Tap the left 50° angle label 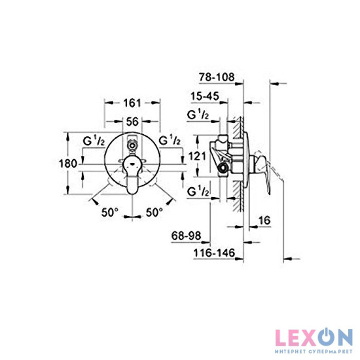(x=109, y=212)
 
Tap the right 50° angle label (x=154, y=212)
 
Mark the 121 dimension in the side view (x=198, y=156)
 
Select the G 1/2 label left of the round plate (x=92, y=141)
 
